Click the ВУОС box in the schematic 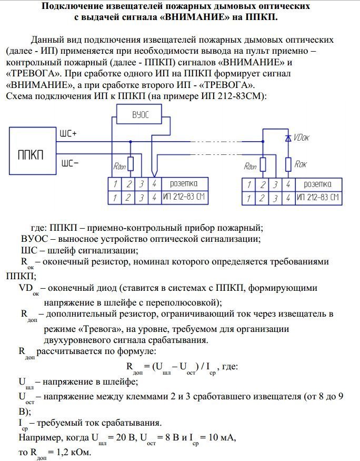coord(139,114)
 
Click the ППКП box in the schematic coord(33,151)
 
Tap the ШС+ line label coord(68,133)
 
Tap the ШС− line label coord(70,163)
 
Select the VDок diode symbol coord(288,138)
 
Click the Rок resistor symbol coord(288,164)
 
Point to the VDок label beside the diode coord(302,138)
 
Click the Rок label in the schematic coord(301,164)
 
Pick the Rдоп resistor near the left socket coord(131,164)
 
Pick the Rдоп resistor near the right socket coord(263,164)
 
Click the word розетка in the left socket coord(184,184)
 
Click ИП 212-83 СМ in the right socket coord(318,197)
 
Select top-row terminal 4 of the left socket coord(154,184)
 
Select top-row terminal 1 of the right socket coord(249,184)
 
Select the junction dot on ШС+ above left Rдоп coord(131,142)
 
